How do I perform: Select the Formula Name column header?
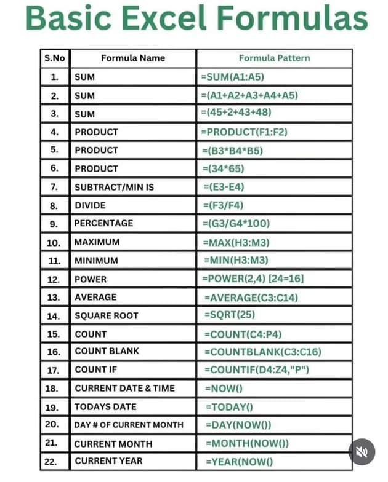[x=133, y=58]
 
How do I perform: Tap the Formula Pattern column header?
[x=274, y=58]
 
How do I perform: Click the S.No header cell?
[x=55, y=58]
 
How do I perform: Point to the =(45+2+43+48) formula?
[x=236, y=113]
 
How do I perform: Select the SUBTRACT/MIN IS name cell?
[x=114, y=187]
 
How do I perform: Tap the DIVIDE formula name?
[x=90, y=205]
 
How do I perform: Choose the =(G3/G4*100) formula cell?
[x=236, y=223]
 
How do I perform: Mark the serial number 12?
[x=54, y=279]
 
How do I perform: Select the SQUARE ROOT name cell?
[x=106, y=315]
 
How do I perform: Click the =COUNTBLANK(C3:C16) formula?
[x=263, y=352]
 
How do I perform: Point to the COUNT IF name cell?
[x=95, y=369]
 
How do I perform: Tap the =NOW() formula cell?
[x=224, y=388]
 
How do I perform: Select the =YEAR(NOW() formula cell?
[x=240, y=461]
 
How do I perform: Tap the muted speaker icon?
[x=362, y=452]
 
